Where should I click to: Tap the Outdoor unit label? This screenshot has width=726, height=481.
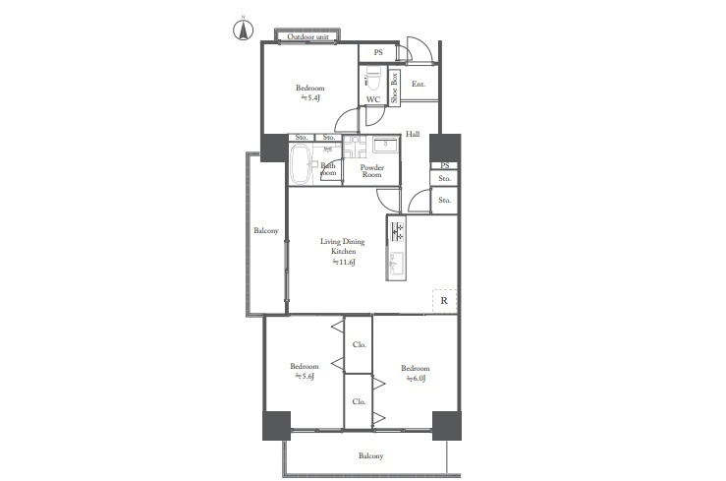[307, 37]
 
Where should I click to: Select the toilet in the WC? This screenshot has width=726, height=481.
[373, 79]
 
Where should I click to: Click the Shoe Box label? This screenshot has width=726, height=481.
[394, 88]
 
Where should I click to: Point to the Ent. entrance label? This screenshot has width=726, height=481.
[418, 85]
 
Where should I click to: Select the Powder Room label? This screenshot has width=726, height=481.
[371, 171]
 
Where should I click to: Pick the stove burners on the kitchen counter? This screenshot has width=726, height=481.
[398, 231]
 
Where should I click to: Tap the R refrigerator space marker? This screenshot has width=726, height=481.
[444, 299]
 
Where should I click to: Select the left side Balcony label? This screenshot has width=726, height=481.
[266, 231]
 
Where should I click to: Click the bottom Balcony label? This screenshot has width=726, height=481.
[370, 455]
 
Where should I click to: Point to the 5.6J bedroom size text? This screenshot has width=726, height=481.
[305, 376]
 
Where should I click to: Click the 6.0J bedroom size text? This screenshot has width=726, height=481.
[415, 378]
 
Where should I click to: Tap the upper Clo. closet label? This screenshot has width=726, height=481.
[359, 344]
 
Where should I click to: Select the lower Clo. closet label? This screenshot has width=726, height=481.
[359, 401]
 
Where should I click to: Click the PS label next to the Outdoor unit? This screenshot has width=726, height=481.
[377, 53]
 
